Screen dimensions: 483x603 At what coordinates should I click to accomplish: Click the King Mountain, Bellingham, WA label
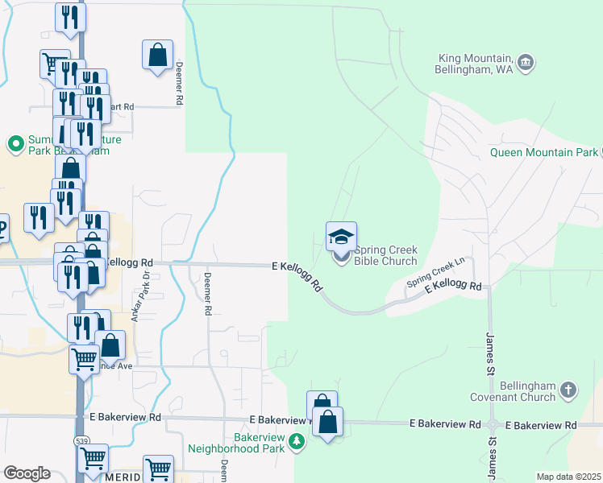tap(476, 64)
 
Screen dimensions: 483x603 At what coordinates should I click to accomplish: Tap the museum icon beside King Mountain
tap(526, 61)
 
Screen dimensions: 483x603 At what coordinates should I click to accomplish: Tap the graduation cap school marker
tap(341, 237)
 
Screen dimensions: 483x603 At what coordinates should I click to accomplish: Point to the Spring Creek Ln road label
tap(436, 275)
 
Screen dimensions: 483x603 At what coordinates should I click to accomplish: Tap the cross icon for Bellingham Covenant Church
tap(568, 390)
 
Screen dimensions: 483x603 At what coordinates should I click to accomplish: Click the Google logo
tap(27, 473)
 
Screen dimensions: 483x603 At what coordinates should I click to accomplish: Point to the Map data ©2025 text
tap(568, 477)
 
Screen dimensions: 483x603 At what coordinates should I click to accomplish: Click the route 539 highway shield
tap(82, 441)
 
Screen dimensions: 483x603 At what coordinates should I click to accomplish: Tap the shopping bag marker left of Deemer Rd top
tap(157, 56)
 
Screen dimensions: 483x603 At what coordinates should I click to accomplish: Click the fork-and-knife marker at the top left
tap(70, 18)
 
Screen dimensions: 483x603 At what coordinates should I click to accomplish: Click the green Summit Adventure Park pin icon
tap(15, 144)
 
